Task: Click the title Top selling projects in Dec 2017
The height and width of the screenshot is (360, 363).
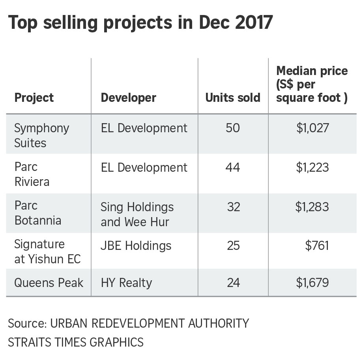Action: (x=140, y=23)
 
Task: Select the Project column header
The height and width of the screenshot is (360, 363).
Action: (x=34, y=97)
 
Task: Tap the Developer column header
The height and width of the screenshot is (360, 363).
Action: (x=128, y=97)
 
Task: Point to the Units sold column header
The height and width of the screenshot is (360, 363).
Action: (x=233, y=97)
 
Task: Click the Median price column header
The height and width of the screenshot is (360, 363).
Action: (x=312, y=84)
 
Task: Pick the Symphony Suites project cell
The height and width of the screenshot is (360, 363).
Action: (x=41, y=135)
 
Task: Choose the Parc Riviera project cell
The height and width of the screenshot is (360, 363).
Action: (x=33, y=174)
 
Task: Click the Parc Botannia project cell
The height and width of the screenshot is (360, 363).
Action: (x=37, y=213)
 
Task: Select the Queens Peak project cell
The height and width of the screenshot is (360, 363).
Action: (x=49, y=283)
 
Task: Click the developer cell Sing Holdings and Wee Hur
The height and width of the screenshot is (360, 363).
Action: (x=137, y=214)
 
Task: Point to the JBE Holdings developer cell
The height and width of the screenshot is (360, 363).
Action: (x=136, y=246)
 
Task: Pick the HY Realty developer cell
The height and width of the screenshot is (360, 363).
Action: (x=126, y=283)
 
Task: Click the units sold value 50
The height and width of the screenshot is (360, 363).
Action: (x=233, y=128)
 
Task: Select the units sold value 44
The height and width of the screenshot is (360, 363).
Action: (x=233, y=167)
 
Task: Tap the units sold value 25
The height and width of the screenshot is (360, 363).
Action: (x=233, y=246)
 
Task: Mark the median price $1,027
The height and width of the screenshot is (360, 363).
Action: (x=312, y=128)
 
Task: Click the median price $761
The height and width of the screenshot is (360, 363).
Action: (x=317, y=246)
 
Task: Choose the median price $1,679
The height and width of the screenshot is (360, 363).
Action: (x=312, y=283)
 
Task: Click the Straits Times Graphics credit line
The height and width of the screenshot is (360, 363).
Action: (x=75, y=342)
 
